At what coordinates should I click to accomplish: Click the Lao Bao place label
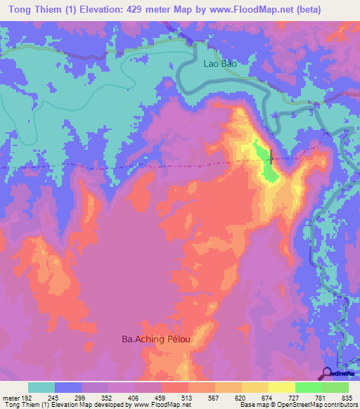(x=217, y=63)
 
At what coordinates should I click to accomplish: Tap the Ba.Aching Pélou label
(x=157, y=339)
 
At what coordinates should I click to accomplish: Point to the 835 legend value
(x=344, y=397)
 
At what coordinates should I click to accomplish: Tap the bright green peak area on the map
(x=262, y=155)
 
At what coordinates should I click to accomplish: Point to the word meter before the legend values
(x=11, y=397)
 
